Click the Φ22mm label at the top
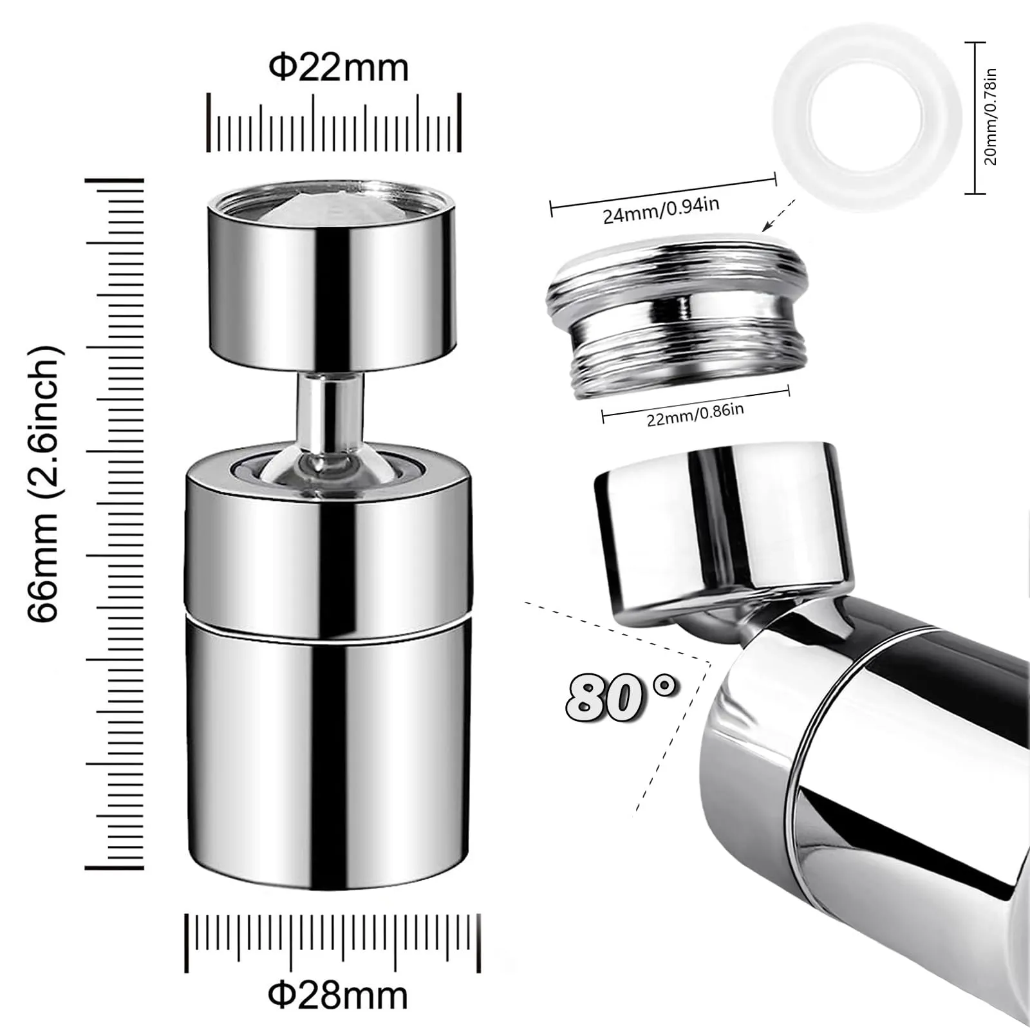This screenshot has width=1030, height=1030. [338, 68]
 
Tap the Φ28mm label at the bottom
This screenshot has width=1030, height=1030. [338, 996]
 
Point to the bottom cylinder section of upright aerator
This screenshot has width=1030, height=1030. [328, 760]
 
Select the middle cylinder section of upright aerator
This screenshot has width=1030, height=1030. [328, 554]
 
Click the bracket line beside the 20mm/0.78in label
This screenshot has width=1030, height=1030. [976, 117]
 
